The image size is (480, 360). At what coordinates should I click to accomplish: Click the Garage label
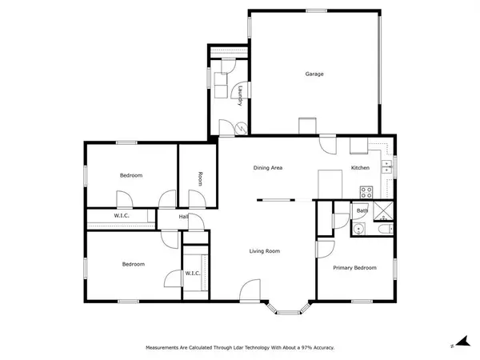point(314,74)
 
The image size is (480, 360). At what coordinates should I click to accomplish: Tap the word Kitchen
point(360,168)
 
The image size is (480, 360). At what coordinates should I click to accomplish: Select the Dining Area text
point(268,168)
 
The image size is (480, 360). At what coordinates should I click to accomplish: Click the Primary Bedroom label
point(354,268)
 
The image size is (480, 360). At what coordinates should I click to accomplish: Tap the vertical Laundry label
point(239,96)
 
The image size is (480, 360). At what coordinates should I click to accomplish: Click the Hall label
point(183,217)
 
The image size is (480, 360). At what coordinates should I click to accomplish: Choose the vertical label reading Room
point(200,178)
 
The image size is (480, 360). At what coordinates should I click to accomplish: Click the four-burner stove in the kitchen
point(367,192)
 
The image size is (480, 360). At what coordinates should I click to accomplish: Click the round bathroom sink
point(359,230)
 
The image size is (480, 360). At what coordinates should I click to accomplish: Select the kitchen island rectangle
point(330,183)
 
